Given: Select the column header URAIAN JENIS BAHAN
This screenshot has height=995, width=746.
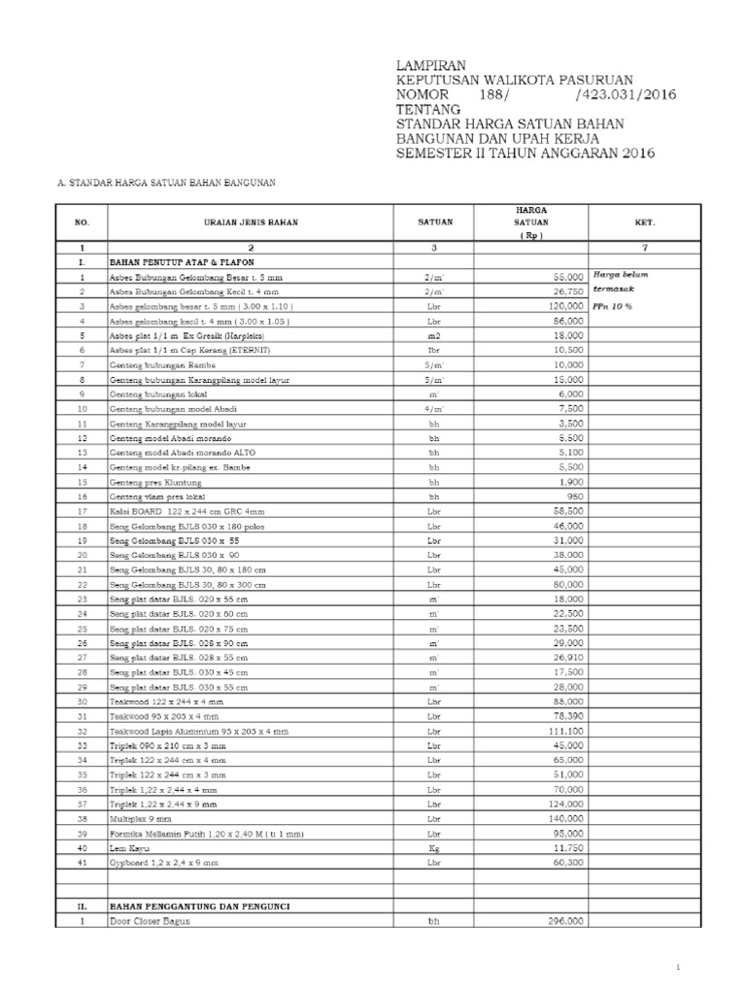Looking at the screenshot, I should click(251, 223).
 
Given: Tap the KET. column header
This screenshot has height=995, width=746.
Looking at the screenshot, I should click(644, 223).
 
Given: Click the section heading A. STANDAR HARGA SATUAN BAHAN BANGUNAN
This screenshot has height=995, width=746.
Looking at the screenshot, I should click(168, 182).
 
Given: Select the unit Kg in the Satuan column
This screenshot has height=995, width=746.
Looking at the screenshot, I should click(434, 847).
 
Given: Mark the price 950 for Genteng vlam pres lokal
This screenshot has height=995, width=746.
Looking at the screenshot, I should click(572, 496).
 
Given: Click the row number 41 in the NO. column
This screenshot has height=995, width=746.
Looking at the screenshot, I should click(83, 862).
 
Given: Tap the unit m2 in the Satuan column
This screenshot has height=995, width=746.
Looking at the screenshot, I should click(434, 333).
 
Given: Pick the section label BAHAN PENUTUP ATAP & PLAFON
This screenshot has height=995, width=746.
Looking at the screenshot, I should click(185, 262).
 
